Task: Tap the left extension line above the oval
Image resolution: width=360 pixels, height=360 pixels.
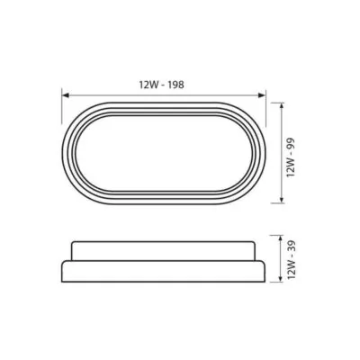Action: (x=62, y=108)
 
